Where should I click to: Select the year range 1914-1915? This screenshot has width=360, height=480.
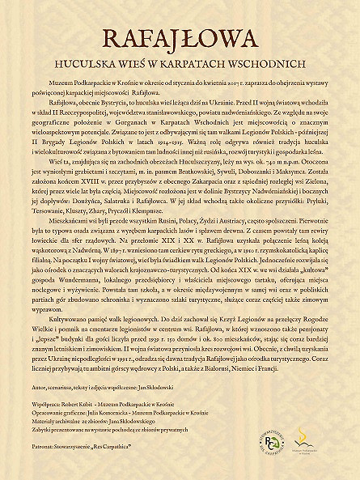195,142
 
